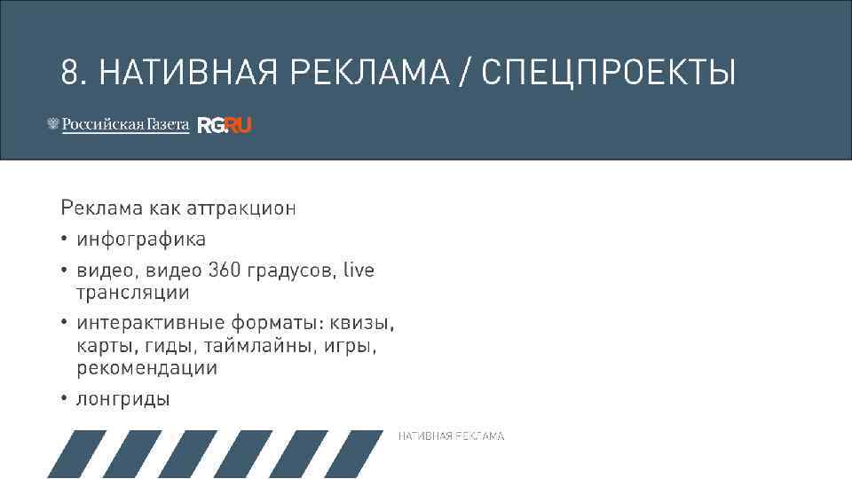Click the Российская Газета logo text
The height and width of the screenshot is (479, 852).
click(125, 125)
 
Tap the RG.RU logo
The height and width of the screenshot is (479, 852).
click(225, 125)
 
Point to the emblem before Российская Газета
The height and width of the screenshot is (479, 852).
click(53, 125)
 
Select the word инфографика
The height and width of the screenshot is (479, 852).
click(141, 239)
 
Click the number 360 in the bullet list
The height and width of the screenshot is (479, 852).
click(225, 270)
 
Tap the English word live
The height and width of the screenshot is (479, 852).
click(359, 270)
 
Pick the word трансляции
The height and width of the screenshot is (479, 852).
click(133, 292)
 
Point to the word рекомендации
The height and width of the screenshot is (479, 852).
click(146, 367)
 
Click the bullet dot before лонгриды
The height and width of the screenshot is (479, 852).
click(65, 399)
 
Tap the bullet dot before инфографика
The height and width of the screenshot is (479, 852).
click(65, 239)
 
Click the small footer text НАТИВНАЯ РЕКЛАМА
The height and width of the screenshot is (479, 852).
click(451, 436)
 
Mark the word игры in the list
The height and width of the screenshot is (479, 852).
click(350, 345)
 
